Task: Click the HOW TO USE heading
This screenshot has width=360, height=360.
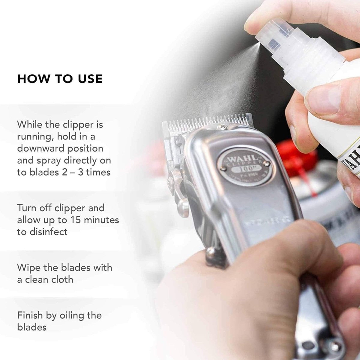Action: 60,78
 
